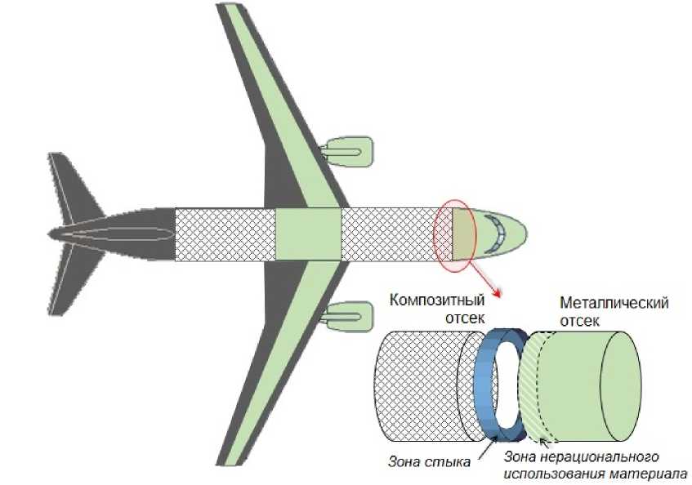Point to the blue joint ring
tap(485, 384)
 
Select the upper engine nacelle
tap(348, 150)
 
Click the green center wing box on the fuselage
tap(308, 234)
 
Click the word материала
tap(654, 472)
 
